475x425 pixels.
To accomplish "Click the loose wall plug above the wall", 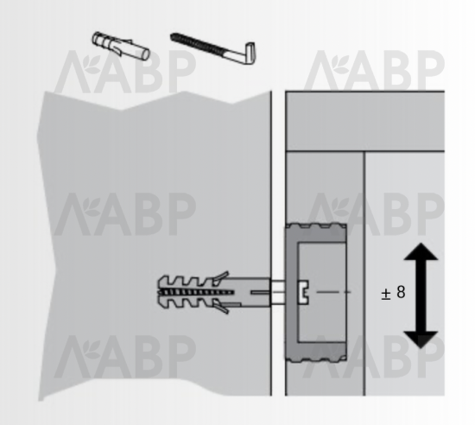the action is click(x=121, y=46).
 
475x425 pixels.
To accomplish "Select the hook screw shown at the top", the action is click(x=212, y=48).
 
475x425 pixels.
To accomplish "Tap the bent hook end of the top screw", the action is click(x=250, y=53).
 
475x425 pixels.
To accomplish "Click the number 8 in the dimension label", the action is click(x=401, y=292).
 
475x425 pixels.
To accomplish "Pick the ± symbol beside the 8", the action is click(x=386, y=295).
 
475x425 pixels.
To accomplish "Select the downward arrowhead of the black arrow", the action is click(x=421, y=339).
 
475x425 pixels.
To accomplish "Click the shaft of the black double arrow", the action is click(x=421, y=295).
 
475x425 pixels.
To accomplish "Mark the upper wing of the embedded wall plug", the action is click(x=220, y=278).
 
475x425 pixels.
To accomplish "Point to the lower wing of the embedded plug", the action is click(x=220, y=307).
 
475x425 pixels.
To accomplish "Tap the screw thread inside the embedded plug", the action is click(x=196, y=292).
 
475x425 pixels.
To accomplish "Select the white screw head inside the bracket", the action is click(x=303, y=292).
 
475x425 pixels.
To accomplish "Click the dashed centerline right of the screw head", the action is click(x=333, y=292).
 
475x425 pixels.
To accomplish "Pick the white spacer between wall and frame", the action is click(x=278, y=292).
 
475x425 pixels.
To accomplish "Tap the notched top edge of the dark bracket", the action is click(x=316, y=226).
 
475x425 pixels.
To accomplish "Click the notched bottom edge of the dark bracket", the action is click(x=316, y=359).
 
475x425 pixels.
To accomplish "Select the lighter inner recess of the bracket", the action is click(x=322, y=292).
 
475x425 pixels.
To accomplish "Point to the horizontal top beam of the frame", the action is click(x=365, y=121).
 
